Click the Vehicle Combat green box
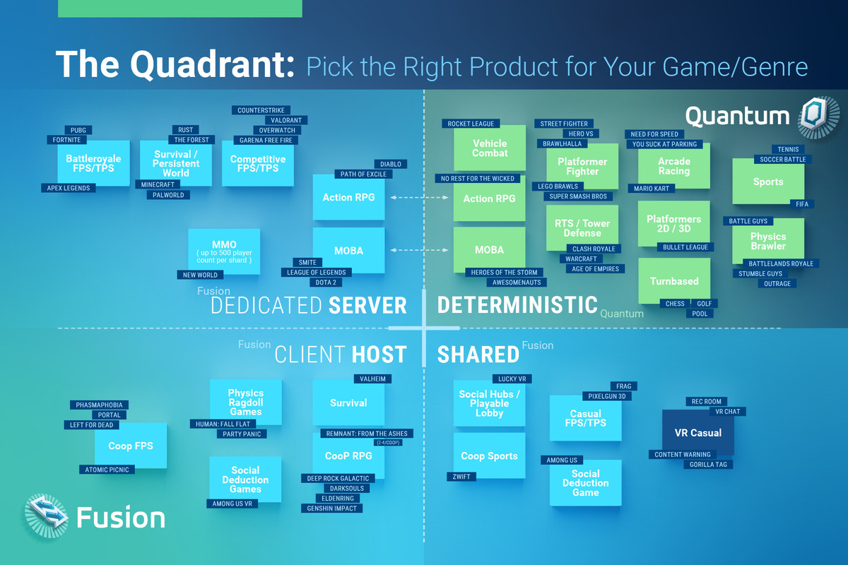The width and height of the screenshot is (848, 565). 490,148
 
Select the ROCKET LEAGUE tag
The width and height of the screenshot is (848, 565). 471,124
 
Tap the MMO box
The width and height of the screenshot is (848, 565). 224,251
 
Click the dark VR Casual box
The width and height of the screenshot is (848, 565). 698,432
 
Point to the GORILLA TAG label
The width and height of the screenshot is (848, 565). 708,464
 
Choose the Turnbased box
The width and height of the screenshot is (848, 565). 674,281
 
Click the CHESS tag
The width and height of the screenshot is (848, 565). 675,304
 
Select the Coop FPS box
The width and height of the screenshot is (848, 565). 131,446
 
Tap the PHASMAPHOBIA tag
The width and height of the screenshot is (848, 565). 99,405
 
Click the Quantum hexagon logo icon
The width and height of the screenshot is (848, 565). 818,117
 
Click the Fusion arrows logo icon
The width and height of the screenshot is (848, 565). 47,516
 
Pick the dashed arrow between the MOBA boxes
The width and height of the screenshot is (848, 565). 419,250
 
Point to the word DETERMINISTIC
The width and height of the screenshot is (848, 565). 517,305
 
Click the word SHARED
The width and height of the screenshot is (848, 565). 478,355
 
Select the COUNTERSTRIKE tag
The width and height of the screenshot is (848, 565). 261,110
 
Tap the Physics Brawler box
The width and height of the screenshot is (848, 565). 768,241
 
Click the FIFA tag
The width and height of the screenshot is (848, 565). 802,204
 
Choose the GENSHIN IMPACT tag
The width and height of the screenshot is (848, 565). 331,509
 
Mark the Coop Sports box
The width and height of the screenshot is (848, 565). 489,456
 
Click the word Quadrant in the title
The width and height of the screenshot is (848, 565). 213,64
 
